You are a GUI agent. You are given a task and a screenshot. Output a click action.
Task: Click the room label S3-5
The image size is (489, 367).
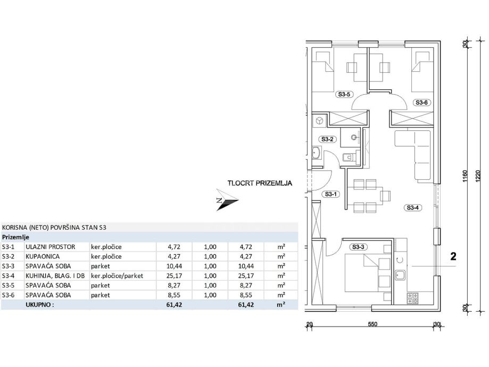point(344,95)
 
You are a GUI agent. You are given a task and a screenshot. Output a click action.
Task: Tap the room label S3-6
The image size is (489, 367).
point(421,102)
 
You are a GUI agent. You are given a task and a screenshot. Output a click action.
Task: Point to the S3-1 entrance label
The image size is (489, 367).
point(330,195)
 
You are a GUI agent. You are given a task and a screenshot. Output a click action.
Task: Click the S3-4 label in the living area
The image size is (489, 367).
point(413,208)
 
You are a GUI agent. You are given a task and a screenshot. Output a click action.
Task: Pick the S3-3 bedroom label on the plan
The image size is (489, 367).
point(358,247)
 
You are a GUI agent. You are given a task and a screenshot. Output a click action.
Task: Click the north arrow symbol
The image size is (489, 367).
point(226,201)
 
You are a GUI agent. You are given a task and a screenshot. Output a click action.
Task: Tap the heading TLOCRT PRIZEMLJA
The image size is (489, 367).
point(260,183)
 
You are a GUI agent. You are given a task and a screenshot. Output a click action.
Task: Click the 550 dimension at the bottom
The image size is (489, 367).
point(372,324)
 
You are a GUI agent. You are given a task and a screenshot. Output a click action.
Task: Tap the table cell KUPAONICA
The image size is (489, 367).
point(42,257)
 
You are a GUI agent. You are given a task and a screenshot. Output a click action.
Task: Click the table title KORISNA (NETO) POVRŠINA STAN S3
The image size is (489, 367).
point(54,227)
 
